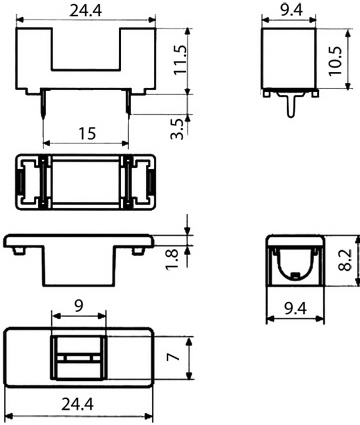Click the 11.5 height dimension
[x=179, y=59]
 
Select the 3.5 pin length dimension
[x=177, y=129]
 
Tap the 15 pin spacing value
[x=87, y=133]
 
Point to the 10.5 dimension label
[x=335, y=61]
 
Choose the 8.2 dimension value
[x=345, y=260]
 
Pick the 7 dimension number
[x=173, y=357]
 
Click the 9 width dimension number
[x=79, y=306]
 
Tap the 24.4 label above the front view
[x=86, y=11]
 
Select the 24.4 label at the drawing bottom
[x=77, y=404]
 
